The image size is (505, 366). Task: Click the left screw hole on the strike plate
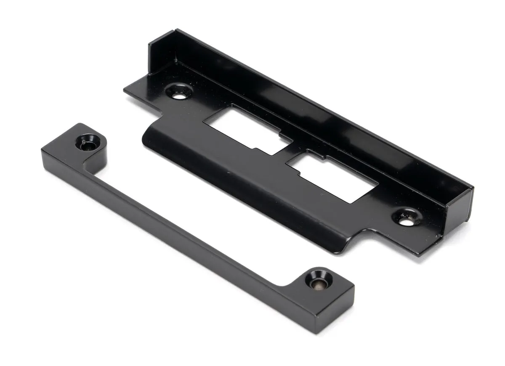[179, 92]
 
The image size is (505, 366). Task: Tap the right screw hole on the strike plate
[406, 219]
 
